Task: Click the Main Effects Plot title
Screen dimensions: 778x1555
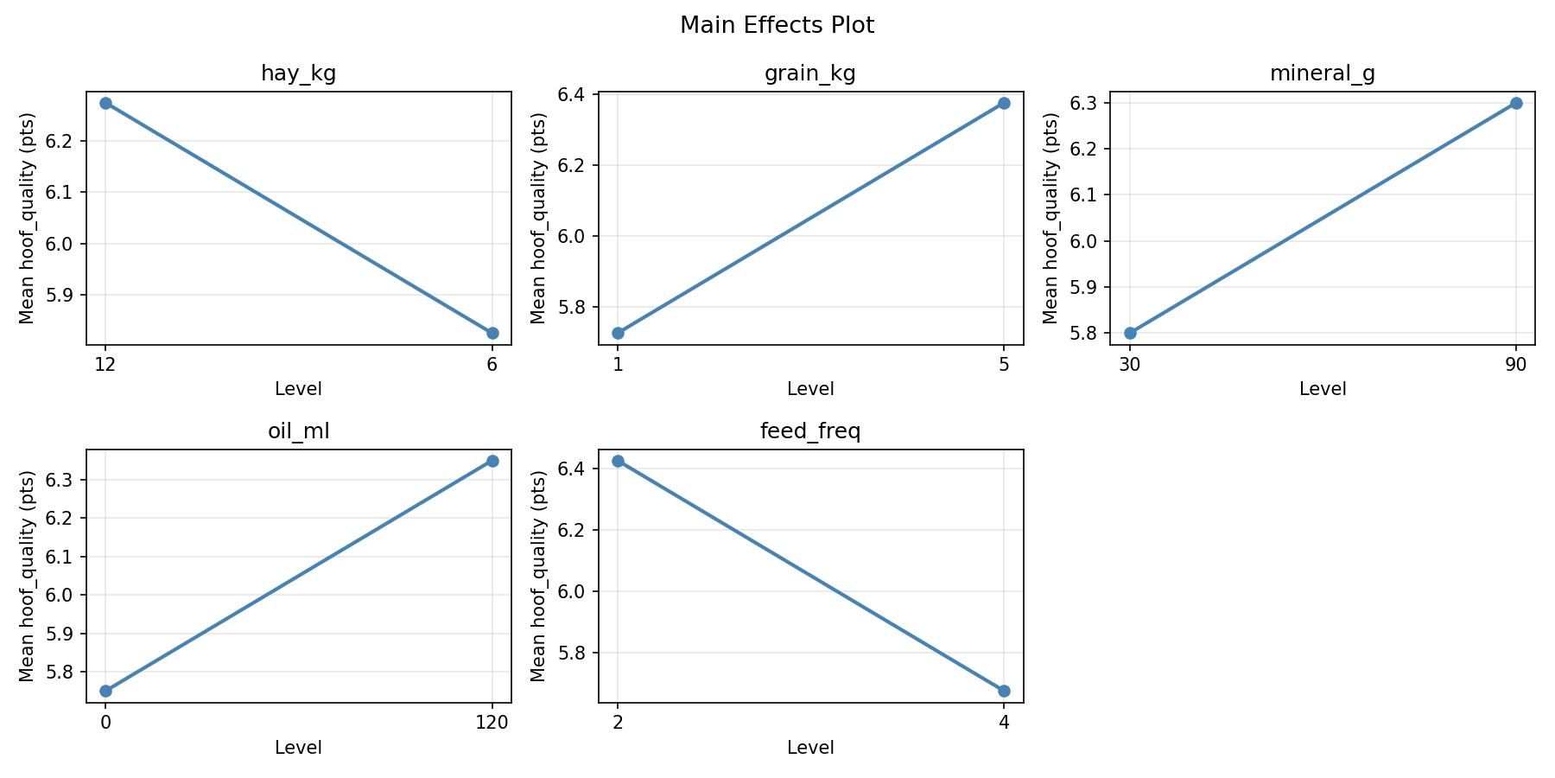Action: click(x=777, y=26)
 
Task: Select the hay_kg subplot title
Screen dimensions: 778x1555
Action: click(x=298, y=74)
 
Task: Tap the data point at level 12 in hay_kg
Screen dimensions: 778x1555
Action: click(x=105, y=103)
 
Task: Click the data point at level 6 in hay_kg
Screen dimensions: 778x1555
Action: click(x=492, y=333)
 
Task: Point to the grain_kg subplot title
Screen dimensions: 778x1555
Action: click(x=810, y=74)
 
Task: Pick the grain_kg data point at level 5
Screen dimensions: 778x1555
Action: click(x=1004, y=103)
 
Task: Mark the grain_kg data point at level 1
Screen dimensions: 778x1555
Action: click(x=618, y=333)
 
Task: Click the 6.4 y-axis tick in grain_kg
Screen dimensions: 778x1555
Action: click(x=576, y=94)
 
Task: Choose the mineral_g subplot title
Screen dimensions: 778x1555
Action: click(x=1322, y=74)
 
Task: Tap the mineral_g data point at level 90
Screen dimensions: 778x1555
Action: click(x=1516, y=103)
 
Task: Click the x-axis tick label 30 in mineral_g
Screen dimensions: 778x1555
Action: click(x=1130, y=365)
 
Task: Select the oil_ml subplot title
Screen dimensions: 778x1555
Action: click(x=298, y=432)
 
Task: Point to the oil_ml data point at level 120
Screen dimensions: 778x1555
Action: click(x=492, y=461)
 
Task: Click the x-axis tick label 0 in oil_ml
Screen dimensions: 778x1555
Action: click(x=105, y=723)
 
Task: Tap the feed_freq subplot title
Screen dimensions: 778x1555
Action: click(x=810, y=432)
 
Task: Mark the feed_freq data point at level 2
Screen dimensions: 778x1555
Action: click(x=618, y=461)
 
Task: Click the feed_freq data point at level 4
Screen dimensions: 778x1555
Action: click(x=1004, y=691)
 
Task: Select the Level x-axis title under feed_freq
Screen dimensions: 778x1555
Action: click(x=810, y=748)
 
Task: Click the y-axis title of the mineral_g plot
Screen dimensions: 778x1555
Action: click(x=1050, y=218)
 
